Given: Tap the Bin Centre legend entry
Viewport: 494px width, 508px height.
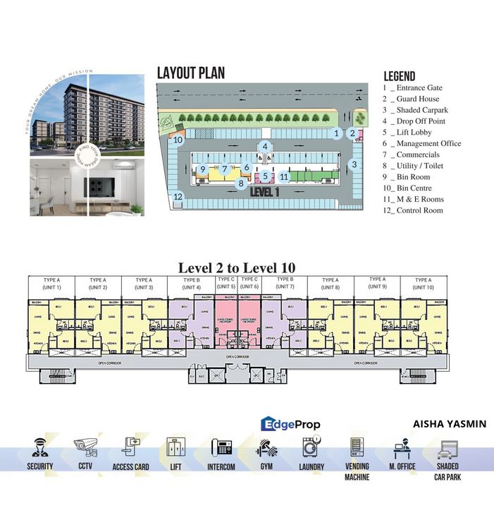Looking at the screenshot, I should point(416,188).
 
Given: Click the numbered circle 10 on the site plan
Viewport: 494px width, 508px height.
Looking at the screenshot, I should point(178,140).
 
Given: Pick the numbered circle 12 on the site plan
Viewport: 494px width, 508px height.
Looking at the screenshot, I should point(178,197).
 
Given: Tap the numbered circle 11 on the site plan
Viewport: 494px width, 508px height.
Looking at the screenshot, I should point(284,176).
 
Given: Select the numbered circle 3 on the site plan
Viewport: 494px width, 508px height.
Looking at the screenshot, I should point(354,164).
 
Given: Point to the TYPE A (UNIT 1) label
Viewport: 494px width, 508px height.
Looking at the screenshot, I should point(50,284).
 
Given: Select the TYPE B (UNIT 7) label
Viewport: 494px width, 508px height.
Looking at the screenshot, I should point(285,284).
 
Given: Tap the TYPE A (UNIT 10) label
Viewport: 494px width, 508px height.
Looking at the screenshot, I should point(424,284).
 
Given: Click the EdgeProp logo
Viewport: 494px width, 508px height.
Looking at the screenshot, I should point(290,424).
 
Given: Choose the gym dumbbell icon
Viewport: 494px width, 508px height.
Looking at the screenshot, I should point(266,448).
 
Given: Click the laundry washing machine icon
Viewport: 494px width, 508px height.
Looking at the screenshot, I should point(311,447).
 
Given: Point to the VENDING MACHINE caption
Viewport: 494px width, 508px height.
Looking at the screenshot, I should point(357,472).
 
